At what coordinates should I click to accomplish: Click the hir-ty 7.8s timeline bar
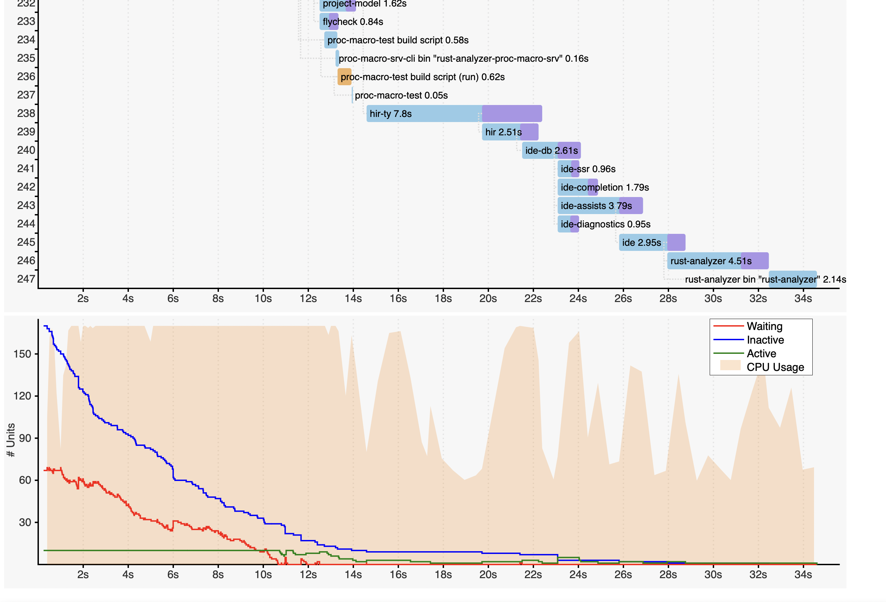pyautogui.click(x=454, y=114)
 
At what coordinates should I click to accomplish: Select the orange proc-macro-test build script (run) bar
pyautogui.click(x=344, y=77)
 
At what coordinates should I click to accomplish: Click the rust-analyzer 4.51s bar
pyautogui.click(x=717, y=261)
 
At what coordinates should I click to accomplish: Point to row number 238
pyautogui.click(x=26, y=113)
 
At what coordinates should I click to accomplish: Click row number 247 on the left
pyautogui.click(x=26, y=279)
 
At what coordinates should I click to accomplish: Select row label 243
pyautogui.click(x=26, y=205)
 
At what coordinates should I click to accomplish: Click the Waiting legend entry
pyautogui.click(x=764, y=327)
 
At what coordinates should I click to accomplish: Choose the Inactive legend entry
pyautogui.click(x=765, y=340)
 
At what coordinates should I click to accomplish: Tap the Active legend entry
pyautogui.click(x=761, y=353)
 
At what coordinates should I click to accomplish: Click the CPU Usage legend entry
pyautogui.click(x=775, y=367)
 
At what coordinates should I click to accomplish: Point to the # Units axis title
pyautogui.click(x=11, y=440)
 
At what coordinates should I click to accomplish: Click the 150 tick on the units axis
pyautogui.click(x=22, y=354)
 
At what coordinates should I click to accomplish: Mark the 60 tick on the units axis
pyautogui.click(x=25, y=480)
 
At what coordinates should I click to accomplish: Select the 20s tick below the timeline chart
pyautogui.click(x=488, y=299)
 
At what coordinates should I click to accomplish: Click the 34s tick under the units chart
pyautogui.click(x=803, y=575)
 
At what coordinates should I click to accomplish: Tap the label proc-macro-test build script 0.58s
pyautogui.click(x=398, y=40)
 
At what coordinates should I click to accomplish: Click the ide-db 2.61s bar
pyautogui.click(x=551, y=151)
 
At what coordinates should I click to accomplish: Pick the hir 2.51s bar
pyautogui.click(x=510, y=132)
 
